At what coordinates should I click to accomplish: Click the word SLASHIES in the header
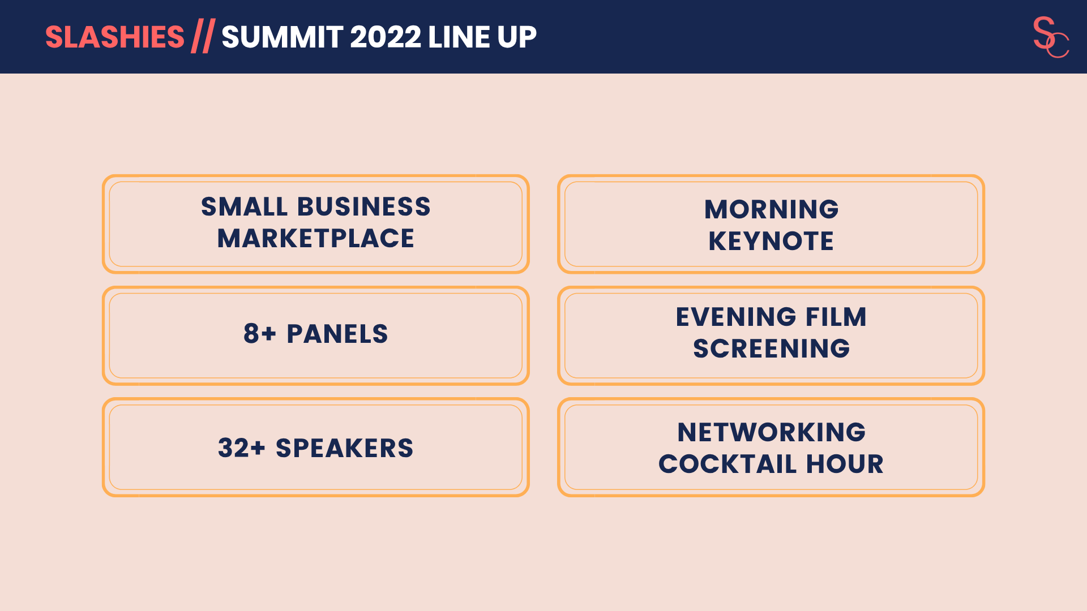(115, 37)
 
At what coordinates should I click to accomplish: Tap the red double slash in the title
(203, 36)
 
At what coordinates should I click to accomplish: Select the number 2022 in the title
(386, 37)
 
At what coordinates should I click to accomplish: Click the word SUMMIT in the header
(282, 37)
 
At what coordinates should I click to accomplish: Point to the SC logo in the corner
(1051, 37)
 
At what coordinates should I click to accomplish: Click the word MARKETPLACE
(316, 238)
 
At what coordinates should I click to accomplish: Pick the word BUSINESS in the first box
(364, 206)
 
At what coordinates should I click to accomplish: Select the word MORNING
(771, 209)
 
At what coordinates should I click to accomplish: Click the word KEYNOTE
(771, 241)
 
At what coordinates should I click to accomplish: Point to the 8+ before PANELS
(260, 334)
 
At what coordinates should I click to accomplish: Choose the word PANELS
(337, 334)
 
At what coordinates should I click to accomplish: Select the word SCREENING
(771, 348)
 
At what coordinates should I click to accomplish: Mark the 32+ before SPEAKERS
(242, 448)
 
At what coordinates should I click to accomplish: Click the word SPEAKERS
(345, 448)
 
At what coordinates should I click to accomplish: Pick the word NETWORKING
(771, 432)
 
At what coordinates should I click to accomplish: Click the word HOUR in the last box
(845, 464)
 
